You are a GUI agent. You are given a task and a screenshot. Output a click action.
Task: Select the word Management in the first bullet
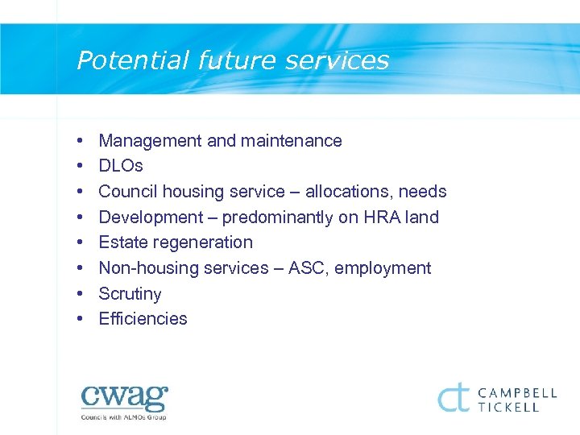[150, 141]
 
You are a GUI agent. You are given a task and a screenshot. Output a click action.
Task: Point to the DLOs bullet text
[121, 166]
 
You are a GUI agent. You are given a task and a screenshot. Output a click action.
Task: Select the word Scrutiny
[130, 294]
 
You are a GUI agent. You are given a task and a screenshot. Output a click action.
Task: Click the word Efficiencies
[143, 319]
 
